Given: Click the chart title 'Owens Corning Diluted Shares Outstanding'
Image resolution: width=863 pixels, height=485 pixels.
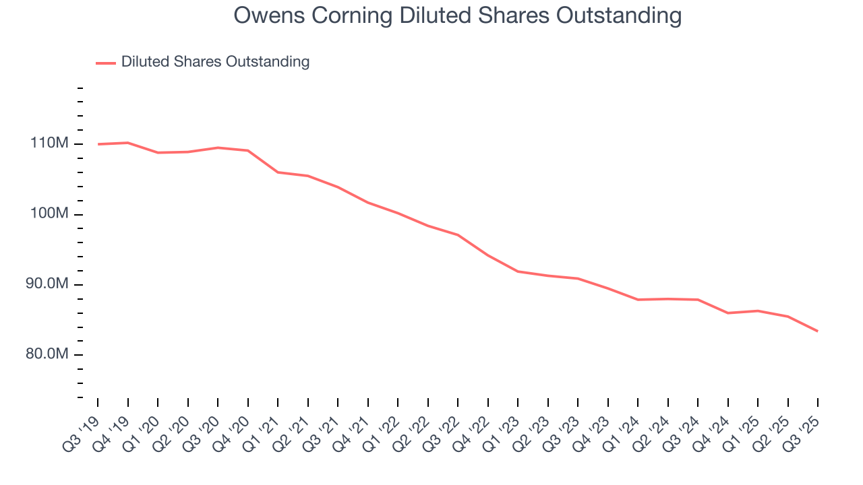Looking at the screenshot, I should coord(458,15).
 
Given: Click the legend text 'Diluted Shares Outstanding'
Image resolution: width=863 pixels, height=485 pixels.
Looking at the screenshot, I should coord(215,62).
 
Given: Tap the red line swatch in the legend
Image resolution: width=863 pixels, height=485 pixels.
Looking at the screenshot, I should coord(106,63).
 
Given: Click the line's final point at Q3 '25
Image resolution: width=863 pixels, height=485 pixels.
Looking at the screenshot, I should coord(818,331).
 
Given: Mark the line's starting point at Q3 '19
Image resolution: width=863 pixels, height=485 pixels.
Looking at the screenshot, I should coord(98,144).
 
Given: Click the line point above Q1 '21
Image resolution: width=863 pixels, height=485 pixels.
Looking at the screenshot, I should coord(278,172).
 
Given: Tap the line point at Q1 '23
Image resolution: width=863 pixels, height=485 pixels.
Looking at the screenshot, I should coord(518,271).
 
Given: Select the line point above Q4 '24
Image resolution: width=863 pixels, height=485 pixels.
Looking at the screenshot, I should coord(728,313).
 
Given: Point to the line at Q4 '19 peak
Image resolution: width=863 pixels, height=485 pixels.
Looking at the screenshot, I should coord(128,143).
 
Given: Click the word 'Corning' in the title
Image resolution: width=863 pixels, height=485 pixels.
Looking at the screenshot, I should coord(337,15).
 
